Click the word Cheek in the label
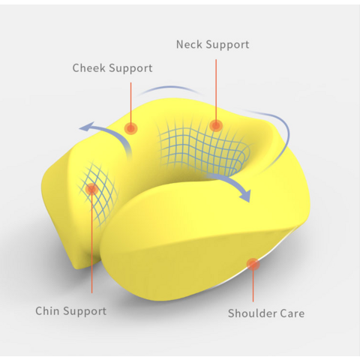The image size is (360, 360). coord(89,68)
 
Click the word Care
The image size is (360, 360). coord(292,313)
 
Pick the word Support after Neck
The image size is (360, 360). coord(227,45)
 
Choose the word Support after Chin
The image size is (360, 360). coord(85,311)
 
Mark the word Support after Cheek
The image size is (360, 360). coord(130,68)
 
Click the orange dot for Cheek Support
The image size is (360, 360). coord(130,128)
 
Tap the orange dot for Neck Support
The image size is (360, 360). coord(216,125)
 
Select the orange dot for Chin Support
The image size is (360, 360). coord(91,189)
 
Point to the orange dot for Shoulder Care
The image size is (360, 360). coord(253,265)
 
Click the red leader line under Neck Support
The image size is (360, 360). coord(216,92)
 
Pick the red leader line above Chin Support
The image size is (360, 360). coord(91,241)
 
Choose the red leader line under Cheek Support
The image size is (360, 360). coord(130,106)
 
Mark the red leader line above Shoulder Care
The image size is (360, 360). coord(253,283)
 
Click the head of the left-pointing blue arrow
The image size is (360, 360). coord(87,127)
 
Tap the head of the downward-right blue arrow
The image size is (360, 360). coord(245,196)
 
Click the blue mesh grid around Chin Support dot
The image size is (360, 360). coord(98,193)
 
